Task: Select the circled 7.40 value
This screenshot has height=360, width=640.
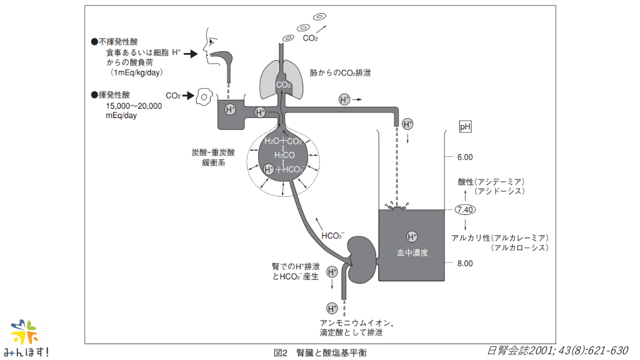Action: pyautogui.click(x=466, y=210)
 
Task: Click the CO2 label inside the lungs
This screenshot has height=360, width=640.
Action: pyautogui.click(x=283, y=84)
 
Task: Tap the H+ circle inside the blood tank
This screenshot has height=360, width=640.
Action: pyautogui.click(x=412, y=236)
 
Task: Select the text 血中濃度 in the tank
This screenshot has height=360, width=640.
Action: pyautogui.click(x=412, y=253)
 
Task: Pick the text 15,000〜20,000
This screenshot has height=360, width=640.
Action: pyautogui.click(x=134, y=106)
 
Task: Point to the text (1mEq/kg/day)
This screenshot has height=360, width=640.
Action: pyautogui.click(x=136, y=73)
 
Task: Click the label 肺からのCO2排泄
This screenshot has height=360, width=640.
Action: pyautogui.click(x=340, y=72)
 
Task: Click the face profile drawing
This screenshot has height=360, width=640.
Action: pyautogui.click(x=216, y=50)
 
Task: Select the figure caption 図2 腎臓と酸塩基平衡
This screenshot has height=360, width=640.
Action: pyautogui.click(x=321, y=352)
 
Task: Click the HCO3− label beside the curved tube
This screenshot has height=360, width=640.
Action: pyautogui.click(x=332, y=236)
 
